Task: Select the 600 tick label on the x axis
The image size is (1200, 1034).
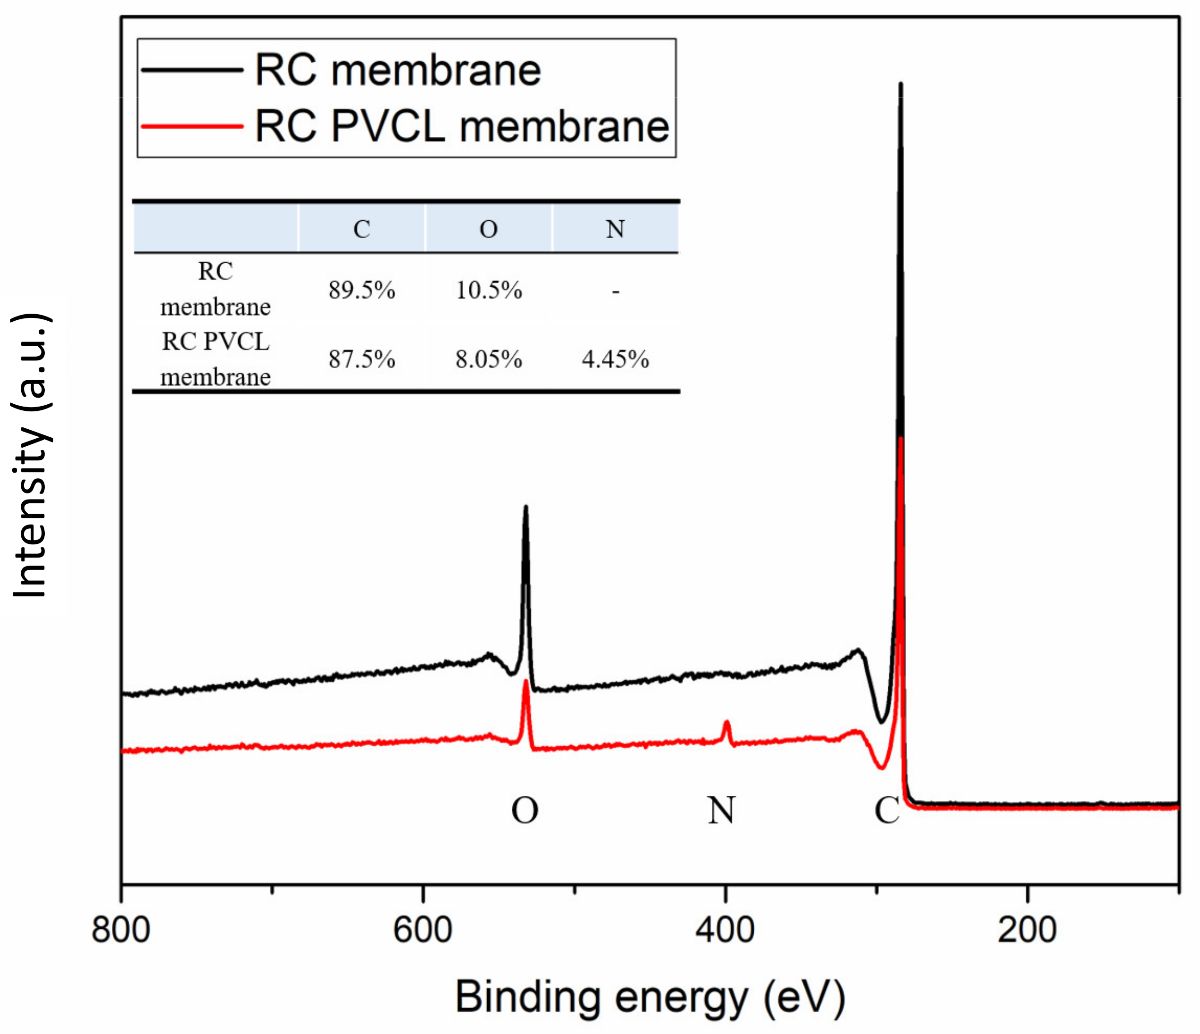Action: click(x=423, y=931)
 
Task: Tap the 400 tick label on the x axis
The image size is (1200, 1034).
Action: click(x=725, y=931)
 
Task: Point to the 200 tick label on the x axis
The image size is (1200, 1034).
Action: click(x=1027, y=931)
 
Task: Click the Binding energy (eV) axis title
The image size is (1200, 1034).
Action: click(x=650, y=998)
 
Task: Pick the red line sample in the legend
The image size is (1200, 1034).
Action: click(x=192, y=125)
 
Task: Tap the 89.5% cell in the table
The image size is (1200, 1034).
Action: click(x=361, y=290)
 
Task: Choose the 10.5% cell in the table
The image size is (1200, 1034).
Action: click(x=489, y=290)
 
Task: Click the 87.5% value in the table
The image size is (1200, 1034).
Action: click(x=361, y=359)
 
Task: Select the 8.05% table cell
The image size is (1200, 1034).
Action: click(x=489, y=359)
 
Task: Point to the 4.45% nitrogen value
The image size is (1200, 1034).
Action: click(x=615, y=359)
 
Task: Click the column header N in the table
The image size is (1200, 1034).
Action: click(x=615, y=229)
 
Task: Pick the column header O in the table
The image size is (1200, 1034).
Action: click(x=489, y=229)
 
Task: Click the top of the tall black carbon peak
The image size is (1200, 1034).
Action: click(x=900, y=84)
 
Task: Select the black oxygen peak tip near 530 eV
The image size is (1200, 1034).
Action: click(x=525, y=508)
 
